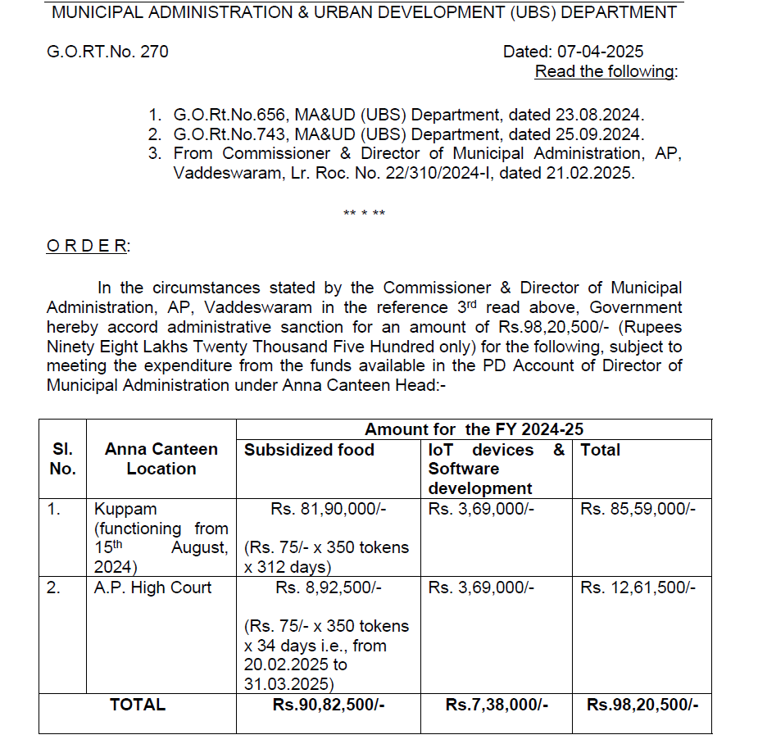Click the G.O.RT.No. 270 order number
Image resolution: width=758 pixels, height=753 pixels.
[x=107, y=52]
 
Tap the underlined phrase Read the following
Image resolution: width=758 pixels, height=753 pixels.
[x=606, y=71]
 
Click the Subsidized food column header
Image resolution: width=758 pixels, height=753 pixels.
[x=309, y=450]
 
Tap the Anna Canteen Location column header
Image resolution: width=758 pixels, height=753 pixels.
[x=161, y=459]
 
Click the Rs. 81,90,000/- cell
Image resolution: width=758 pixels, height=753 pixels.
[x=328, y=509]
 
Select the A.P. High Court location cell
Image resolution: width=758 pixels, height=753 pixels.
[x=152, y=587]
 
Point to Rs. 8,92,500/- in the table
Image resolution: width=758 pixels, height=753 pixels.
[x=329, y=587]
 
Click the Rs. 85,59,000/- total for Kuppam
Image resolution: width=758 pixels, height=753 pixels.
[x=638, y=509]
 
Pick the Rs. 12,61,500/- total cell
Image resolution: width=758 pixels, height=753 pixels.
[x=638, y=587]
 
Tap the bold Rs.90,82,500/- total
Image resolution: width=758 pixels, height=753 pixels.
[x=329, y=705]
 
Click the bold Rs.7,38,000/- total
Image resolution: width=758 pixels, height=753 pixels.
[x=497, y=705]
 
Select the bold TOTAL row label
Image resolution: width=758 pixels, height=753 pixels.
[x=138, y=704]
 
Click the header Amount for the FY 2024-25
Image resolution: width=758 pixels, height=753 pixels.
[x=474, y=429]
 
